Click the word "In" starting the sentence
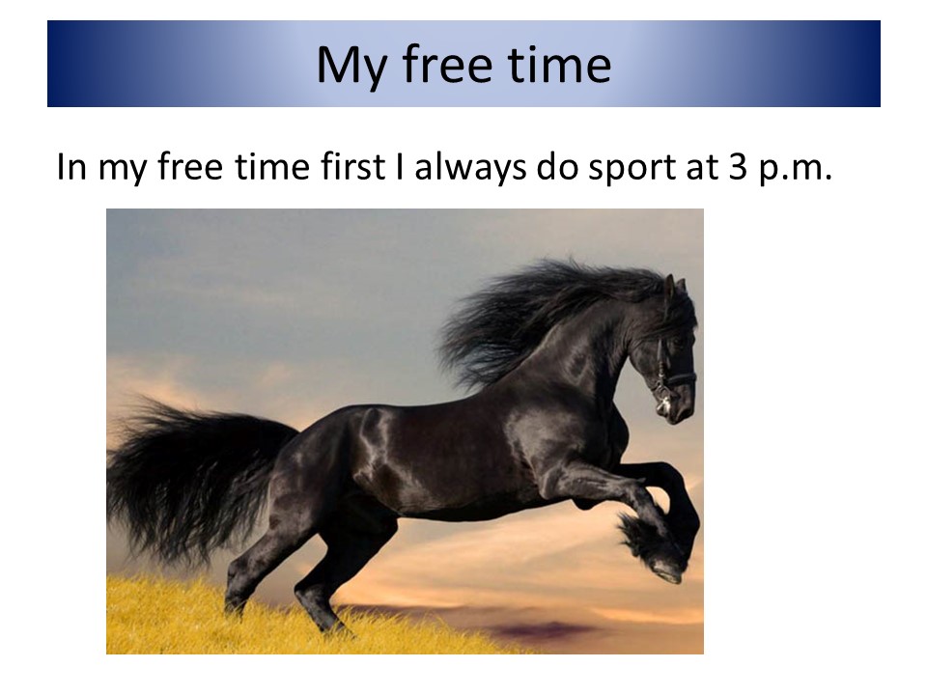tap(70, 167)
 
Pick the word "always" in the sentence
tap(470, 168)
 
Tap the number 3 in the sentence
tap(738, 167)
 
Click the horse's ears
tap(675, 288)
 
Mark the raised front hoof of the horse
tap(668, 569)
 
